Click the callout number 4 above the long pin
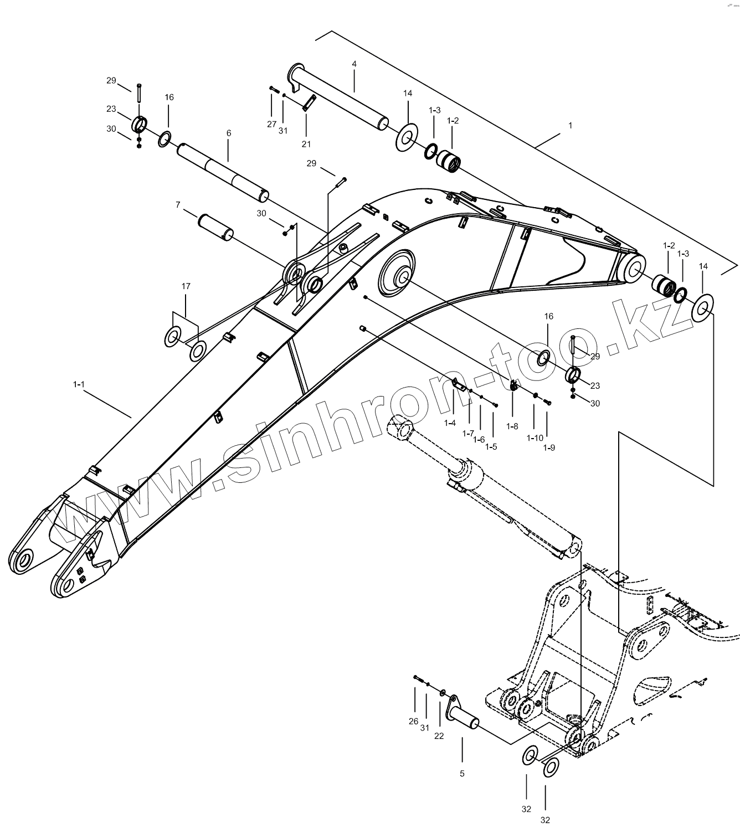point(354,64)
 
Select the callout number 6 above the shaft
point(228,133)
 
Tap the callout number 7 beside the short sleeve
point(178,205)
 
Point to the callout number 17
point(186,286)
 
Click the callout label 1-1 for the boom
point(79,383)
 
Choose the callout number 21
point(306,144)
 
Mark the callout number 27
point(271,124)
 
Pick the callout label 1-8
point(512,426)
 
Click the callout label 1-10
point(535,438)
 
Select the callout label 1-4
point(450,423)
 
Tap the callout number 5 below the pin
point(462,774)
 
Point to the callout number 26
point(414,721)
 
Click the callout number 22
point(439,736)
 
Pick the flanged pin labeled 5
point(463,713)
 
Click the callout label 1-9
point(548,447)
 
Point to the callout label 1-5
point(491,446)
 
